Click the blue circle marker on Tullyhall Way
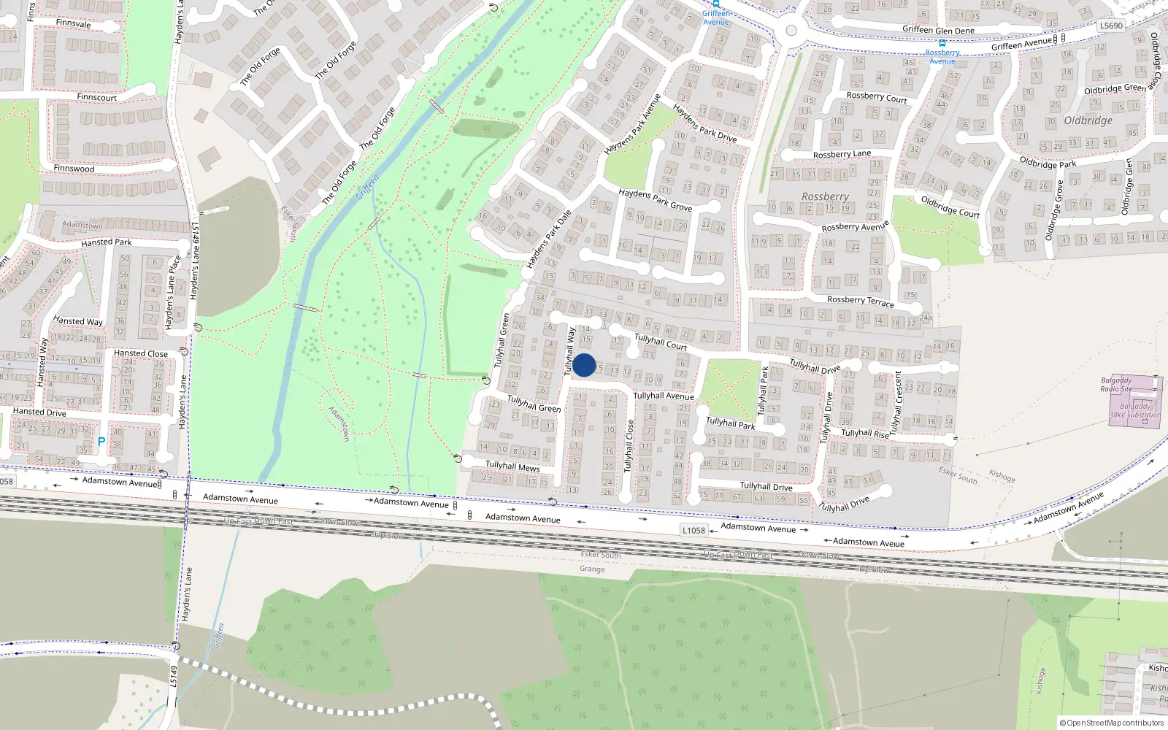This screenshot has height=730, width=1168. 584,365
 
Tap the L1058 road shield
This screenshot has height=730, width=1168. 693,530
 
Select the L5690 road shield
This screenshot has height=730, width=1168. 1111,26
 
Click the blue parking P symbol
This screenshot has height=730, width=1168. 101,442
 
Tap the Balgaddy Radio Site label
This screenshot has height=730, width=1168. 1116,385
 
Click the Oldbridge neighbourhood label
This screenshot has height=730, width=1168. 1088,120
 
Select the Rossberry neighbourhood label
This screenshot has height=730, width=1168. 825,196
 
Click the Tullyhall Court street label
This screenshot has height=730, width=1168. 661,342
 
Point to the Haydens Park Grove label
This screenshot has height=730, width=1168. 655,200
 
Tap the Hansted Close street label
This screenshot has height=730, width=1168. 141,353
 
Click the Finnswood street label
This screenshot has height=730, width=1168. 74,169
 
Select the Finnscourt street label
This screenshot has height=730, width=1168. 96,97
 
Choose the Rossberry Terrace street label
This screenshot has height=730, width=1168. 860,300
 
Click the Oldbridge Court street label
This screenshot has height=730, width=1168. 950,207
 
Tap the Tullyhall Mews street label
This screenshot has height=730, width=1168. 512,466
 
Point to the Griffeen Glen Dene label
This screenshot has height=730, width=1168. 938,30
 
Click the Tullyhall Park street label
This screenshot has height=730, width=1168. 730,423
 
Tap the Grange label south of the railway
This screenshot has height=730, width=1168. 592,569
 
